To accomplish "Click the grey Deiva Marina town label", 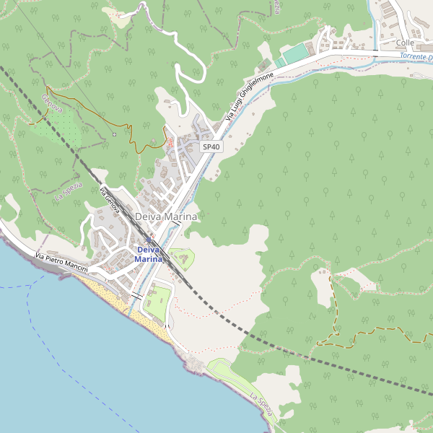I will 166,216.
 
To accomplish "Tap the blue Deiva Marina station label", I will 148,254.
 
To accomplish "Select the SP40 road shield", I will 211,146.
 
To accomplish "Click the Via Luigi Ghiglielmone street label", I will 249,96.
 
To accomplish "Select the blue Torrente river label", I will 414,56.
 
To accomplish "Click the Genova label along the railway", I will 52,104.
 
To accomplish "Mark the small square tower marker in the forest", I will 114,134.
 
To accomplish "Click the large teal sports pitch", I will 294,53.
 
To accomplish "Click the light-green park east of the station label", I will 180,257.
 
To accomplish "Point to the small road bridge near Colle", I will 375,53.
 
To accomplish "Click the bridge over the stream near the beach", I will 136,294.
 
